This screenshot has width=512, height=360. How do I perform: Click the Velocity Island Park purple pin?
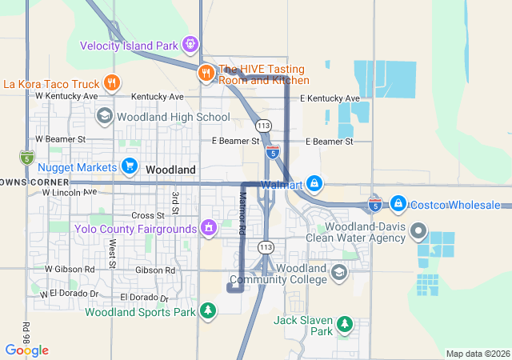point(190,44)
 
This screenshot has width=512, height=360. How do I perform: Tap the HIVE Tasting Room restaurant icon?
point(206,73)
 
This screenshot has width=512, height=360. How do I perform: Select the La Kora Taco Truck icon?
point(112,82)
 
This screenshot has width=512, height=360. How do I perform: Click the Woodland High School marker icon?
point(103,117)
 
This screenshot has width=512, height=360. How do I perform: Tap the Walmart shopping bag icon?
point(315,185)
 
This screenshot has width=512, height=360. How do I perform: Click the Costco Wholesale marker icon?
point(398,205)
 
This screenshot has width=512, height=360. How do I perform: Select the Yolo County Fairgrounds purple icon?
point(209,229)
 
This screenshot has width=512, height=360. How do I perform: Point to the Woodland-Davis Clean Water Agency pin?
point(417,232)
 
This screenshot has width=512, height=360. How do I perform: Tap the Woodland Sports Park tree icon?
point(208,310)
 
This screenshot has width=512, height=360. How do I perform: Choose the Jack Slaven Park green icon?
point(345,324)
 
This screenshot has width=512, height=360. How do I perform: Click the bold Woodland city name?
point(170,170)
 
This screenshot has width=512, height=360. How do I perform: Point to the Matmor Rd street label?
point(241,213)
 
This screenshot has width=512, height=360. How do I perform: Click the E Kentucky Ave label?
point(330,98)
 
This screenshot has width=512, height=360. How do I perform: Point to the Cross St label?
point(147,215)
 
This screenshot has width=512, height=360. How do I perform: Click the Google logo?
point(26,350)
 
